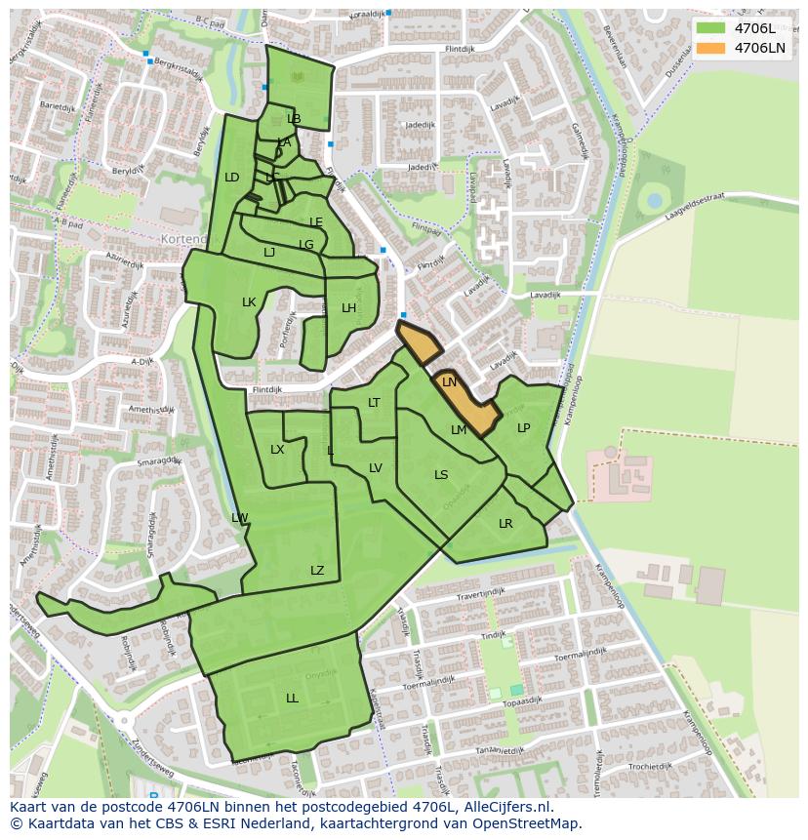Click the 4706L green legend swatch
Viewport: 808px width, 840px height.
[x=710, y=28]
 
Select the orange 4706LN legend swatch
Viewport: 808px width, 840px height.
[x=710, y=48]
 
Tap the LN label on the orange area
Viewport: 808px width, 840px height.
[x=449, y=382]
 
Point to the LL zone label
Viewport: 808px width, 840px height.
[x=292, y=699]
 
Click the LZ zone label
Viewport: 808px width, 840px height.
[x=317, y=571]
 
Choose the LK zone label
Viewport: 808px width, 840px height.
[x=249, y=302]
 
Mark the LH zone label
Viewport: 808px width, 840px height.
[x=348, y=308]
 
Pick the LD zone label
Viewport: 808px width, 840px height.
[x=231, y=178]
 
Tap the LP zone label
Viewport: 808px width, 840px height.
[x=523, y=428]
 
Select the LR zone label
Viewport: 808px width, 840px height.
[x=505, y=524]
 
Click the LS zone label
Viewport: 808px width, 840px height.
[x=441, y=475]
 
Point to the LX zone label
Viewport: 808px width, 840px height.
[x=277, y=450]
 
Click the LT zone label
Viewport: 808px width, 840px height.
[x=374, y=403]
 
